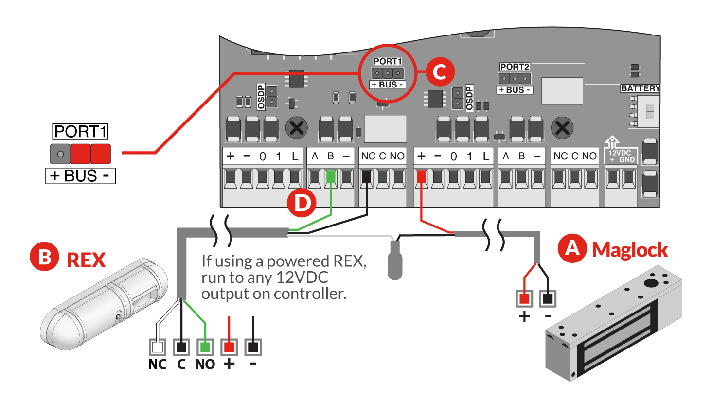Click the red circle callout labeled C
point(440,72)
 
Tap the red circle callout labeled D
point(302,203)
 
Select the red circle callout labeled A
point(572,248)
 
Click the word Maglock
point(630,250)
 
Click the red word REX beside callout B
point(86,261)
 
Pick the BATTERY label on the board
point(640,88)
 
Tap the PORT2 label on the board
point(515,67)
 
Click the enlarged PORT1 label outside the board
point(80,132)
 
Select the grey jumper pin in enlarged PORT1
point(60,154)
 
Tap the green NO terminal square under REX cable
point(205,347)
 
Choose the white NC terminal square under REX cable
point(158,347)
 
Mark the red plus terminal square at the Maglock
point(524,298)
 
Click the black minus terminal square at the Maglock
point(548,298)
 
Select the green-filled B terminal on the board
point(331,176)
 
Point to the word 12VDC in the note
point(302,278)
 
